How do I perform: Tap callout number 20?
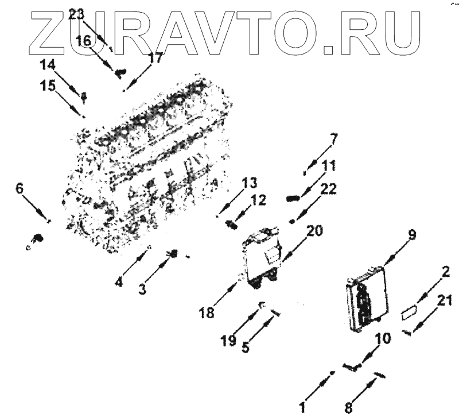point(314,231)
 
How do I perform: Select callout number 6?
point(20,188)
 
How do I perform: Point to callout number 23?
point(76,15)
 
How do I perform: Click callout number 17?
point(155,57)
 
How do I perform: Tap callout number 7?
point(334,138)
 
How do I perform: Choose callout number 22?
point(329,189)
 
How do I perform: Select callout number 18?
point(207,312)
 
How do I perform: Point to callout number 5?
point(246,346)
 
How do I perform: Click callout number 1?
point(301,408)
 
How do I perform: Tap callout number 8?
point(348,408)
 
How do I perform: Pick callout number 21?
point(444,299)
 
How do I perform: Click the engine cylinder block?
point(149,167)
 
